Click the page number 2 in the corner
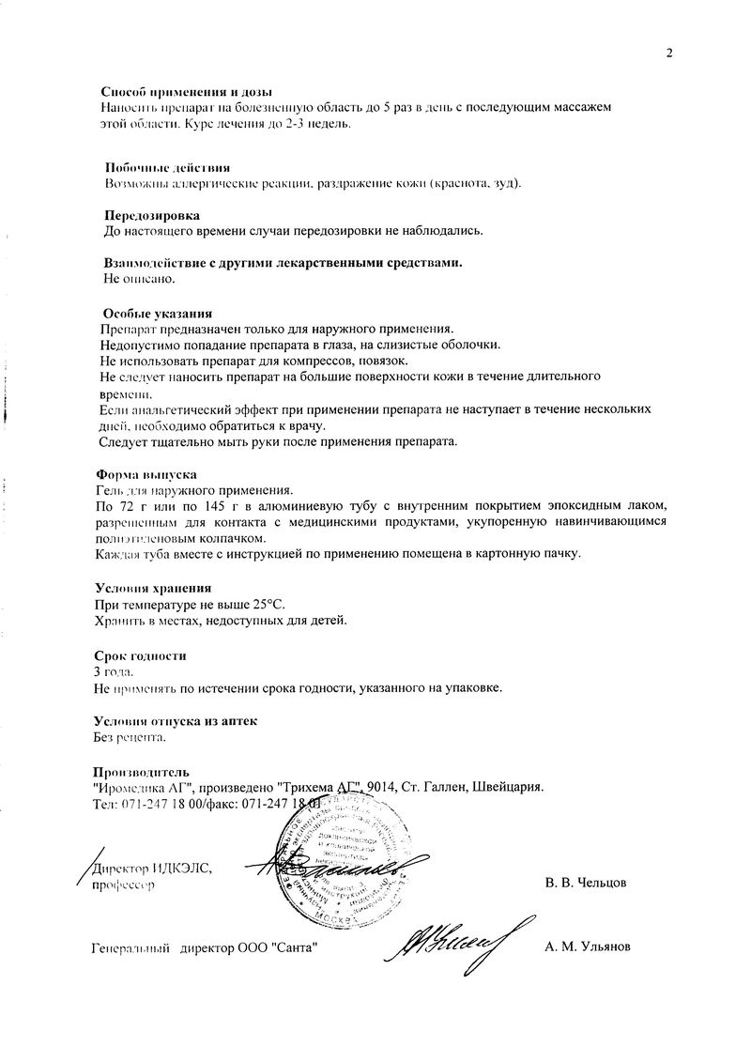point(669,53)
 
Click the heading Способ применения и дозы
point(186,92)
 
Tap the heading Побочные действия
point(167,166)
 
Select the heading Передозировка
point(152,215)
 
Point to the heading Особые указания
point(158,313)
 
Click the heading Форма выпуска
point(146,474)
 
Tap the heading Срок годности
point(141,654)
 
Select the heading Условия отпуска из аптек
point(176,720)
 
